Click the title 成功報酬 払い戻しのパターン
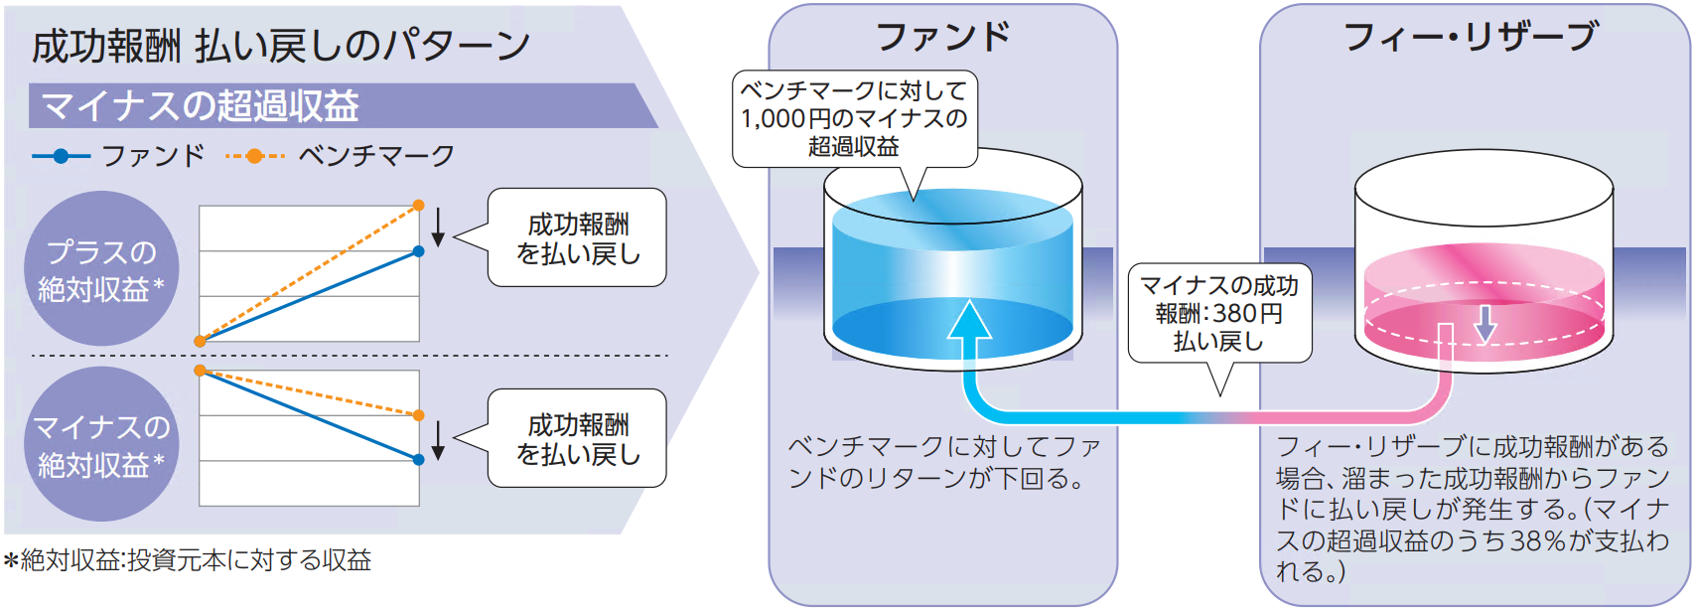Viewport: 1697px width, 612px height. pyautogui.click(x=281, y=46)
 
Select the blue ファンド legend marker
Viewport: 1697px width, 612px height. pyautogui.click(x=61, y=156)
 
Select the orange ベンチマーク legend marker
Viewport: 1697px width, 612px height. pyautogui.click(x=254, y=156)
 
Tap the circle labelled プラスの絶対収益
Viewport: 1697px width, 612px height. pyautogui.click(x=100, y=268)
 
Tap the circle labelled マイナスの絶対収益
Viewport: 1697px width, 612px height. pyautogui.click(x=100, y=444)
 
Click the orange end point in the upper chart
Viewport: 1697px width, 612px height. pyautogui.click(x=418, y=205)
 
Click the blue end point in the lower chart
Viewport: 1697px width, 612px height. pyautogui.click(x=418, y=459)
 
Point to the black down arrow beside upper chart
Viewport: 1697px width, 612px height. pyautogui.click(x=438, y=228)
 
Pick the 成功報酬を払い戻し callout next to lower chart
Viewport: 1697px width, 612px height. pyautogui.click(x=578, y=439)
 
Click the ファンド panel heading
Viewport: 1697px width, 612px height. pyautogui.click(x=942, y=38)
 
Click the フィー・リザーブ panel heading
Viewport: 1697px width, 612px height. pyautogui.click(x=1471, y=38)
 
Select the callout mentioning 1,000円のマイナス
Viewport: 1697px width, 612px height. pyautogui.click(x=854, y=118)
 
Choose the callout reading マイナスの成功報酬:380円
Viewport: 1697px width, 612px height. pyautogui.click(x=1219, y=313)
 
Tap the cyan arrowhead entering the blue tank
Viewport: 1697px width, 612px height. pyautogui.click(x=969, y=320)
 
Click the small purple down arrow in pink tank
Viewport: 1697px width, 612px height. pyautogui.click(x=1485, y=324)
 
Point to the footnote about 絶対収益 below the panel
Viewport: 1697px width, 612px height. pyautogui.click(x=189, y=560)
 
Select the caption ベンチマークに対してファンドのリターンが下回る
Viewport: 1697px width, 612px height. pyautogui.click(x=943, y=462)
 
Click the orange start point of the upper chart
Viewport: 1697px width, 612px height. pyautogui.click(x=200, y=341)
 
